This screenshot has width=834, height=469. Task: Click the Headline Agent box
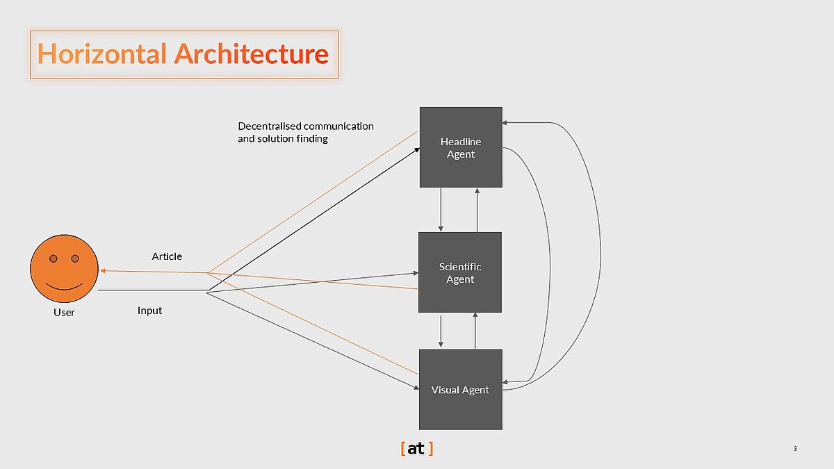click(460, 147)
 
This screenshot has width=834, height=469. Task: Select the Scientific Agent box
click(459, 272)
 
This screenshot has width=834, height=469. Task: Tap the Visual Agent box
click(459, 389)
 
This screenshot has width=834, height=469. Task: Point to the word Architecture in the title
click(251, 54)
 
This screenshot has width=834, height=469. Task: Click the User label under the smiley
click(64, 313)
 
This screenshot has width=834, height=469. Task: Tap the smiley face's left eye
click(53, 259)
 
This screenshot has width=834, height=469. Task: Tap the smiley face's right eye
click(75, 259)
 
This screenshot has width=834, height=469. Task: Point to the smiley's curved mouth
click(64, 286)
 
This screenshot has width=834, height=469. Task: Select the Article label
click(167, 256)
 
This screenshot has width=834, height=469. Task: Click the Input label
click(149, 311)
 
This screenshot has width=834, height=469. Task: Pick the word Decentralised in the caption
click(267, 126)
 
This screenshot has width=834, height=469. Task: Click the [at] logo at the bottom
click(417, 449)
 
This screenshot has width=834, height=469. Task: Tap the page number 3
click(794, 449)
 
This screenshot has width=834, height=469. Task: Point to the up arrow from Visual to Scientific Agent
click(475, 331)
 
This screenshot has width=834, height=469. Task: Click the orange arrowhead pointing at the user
click(102, 270)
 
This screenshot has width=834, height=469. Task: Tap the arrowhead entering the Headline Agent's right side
click(506, 123)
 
